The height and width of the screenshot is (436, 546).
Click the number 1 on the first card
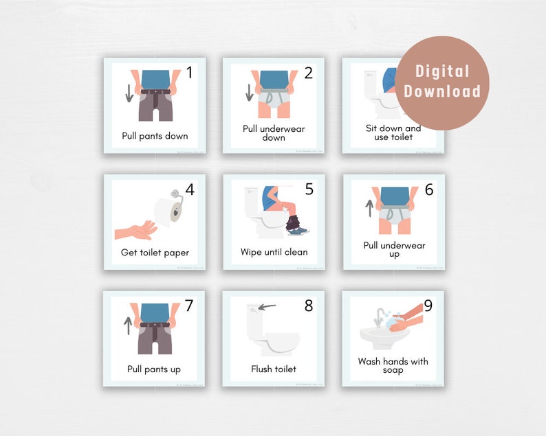[190, 73]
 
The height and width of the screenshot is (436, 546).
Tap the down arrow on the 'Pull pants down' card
[129, 93]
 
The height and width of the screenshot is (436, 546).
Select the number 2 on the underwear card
[309, 73]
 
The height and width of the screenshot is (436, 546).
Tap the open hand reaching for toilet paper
[134, 229]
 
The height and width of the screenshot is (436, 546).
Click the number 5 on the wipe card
[309, 189]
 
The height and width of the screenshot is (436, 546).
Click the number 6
[429, 189]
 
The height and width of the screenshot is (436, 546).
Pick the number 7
[190, 306]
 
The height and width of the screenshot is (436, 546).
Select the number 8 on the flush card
[309, 306]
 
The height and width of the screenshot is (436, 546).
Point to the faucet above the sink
[380, 317]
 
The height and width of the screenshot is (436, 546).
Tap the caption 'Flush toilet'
[274, 369]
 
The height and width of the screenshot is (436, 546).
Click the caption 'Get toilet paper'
[154, 252]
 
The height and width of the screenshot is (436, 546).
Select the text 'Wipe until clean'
[274, 252]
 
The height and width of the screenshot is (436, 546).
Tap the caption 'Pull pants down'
[155, 135]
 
